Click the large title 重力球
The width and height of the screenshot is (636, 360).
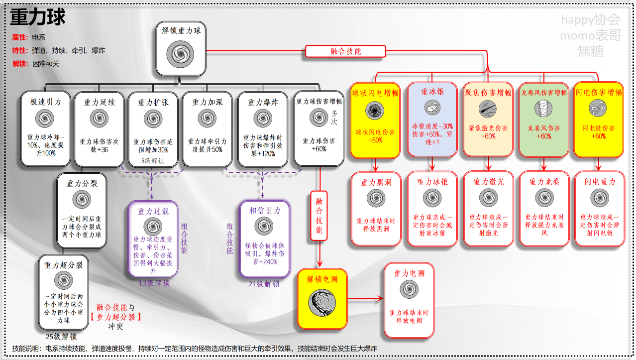[38, 18]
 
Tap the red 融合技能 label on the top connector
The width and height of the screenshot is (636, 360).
[345, 51]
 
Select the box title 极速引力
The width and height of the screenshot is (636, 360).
[46, 102]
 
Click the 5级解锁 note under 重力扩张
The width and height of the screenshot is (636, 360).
[153, 161]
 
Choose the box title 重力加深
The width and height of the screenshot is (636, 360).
[208, 102]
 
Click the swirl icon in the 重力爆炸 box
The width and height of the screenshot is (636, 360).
[262, 119]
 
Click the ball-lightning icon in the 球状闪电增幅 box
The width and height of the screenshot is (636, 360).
[375, 109]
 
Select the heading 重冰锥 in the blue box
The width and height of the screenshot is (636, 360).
[432, 92]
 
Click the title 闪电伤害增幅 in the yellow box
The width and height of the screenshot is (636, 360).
[598, 92]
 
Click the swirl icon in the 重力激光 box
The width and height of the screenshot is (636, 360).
[488, 198]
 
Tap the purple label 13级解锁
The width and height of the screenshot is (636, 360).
[154, 283]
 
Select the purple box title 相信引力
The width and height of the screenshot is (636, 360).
[264, 211]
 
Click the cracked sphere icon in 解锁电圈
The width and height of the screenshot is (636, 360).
[322, 302]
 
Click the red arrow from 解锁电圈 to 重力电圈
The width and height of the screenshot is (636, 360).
[365, 298]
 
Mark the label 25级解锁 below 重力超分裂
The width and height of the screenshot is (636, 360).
[62, 337]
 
